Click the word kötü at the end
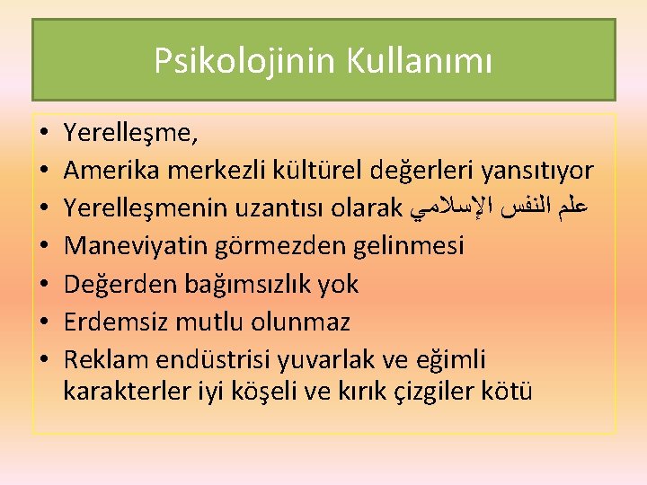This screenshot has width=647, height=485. (511, 392)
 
